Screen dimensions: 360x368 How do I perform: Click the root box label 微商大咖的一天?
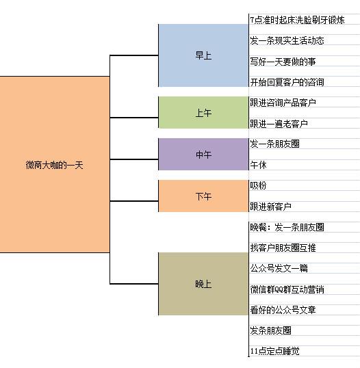pos(54,165)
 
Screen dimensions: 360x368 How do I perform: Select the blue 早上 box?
pos(203,55)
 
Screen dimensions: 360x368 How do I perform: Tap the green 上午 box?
pos(203,112)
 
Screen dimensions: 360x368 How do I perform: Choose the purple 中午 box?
pos(203,154)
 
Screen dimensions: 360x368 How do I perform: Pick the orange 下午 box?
pos(203,196)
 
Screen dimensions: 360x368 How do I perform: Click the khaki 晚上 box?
pos(203,284)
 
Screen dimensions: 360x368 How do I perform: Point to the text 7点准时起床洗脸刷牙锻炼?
pos(297,20)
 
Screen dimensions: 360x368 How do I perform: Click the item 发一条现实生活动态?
pos(287,40)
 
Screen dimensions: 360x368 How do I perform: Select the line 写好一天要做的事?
pos(283,62)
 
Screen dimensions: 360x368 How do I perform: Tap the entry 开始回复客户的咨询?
pos(287,82)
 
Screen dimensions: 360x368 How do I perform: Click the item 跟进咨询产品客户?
pos(283,103)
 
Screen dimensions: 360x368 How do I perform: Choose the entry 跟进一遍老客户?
pos(279,124)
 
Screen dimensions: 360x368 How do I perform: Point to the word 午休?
pos(258,165)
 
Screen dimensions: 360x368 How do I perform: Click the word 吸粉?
pos(258,185)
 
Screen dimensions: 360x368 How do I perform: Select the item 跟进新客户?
pos(270,207)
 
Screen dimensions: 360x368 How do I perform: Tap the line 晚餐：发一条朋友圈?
pos(287,227)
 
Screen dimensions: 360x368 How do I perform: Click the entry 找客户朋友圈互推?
pos(283,248)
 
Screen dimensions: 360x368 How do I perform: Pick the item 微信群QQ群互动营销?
pos(287,289)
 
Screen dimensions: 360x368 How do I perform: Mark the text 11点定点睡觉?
pos(274,352)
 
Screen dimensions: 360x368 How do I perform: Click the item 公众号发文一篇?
pos(279,268)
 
